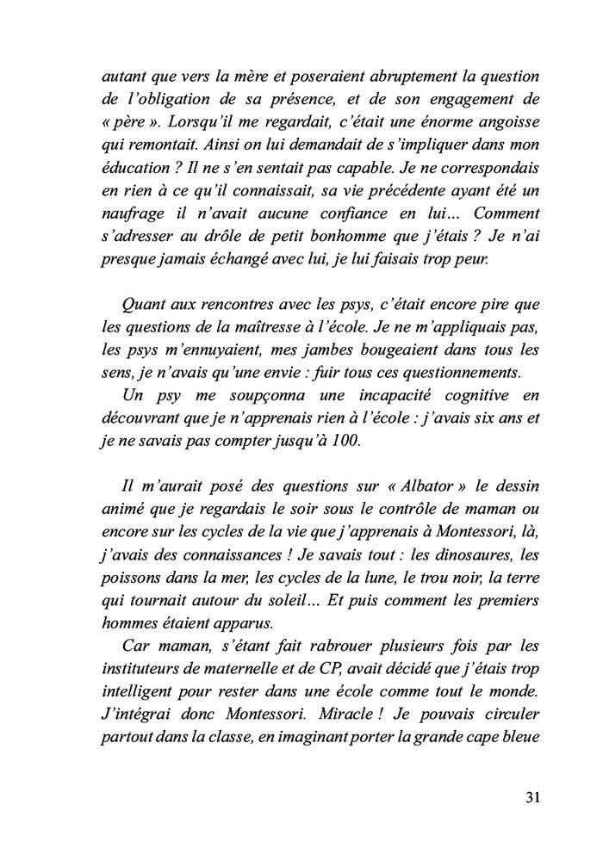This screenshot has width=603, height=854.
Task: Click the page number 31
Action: point(531,796)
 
